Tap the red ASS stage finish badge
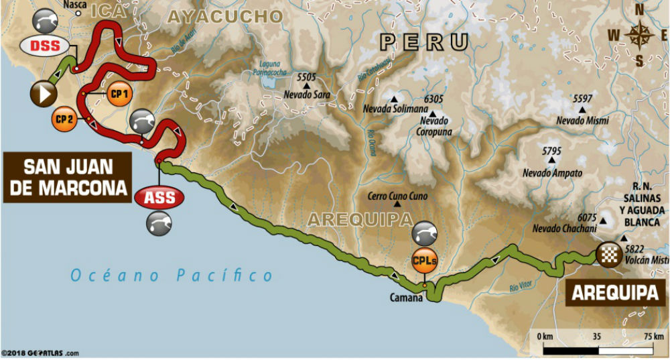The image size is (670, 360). pos(159,198)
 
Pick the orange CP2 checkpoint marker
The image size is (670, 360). pos(65,119)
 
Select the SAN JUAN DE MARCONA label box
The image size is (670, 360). pos(67,178)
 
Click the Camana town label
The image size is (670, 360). pos(408,298)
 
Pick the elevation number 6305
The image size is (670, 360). pos(434,99)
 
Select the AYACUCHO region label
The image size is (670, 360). pos(224,17)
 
